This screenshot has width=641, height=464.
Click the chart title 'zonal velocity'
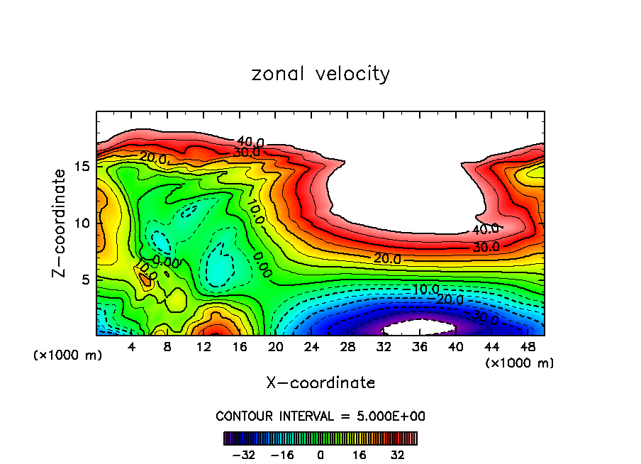coord(320,74)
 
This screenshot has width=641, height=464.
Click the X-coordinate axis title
coord(320,383)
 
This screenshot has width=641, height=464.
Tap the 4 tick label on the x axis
coord(132,348)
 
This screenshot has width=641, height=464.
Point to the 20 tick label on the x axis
coord(276,348)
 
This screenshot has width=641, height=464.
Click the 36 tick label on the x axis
coord(420,348)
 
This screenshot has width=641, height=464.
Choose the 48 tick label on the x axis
coord(528,348)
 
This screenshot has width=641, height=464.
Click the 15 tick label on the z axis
coord(82,167)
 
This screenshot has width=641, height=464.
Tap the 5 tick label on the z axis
coord(86,280)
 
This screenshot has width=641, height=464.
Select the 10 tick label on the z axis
coord(82,223)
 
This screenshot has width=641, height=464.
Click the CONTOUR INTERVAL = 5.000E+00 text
coord(320,416)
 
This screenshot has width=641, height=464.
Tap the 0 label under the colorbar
coord(320,455)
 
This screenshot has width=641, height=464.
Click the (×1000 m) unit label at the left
coord(68,355)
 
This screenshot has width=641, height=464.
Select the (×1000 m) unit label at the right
coord(520,363)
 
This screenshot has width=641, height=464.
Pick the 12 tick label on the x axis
coord(204,348)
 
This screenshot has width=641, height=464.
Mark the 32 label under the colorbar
coord(396,455)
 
